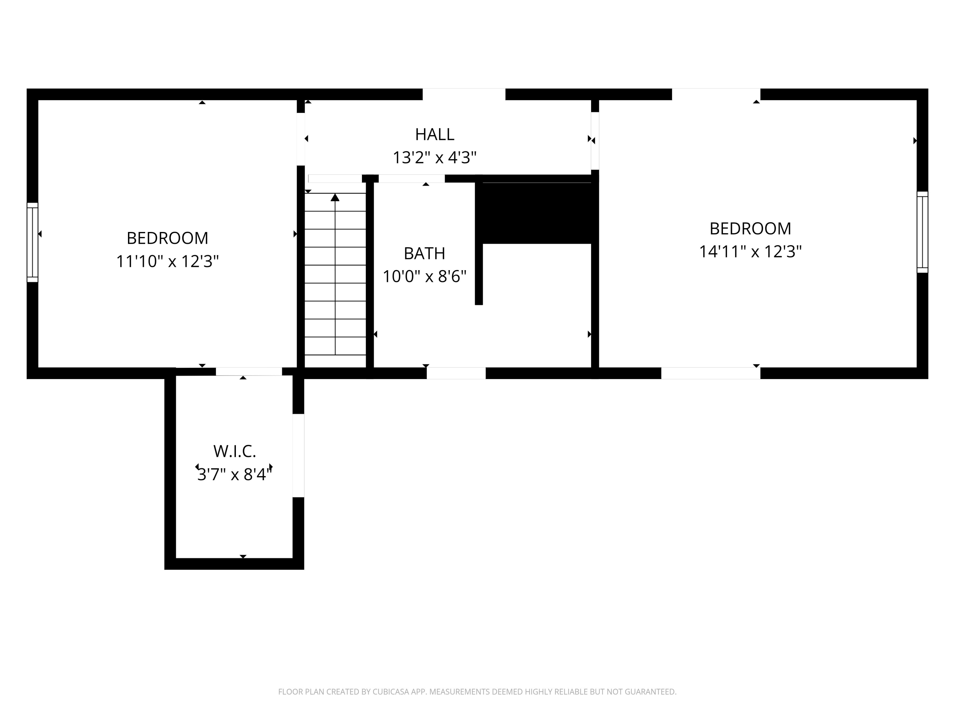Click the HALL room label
tap(434, 135)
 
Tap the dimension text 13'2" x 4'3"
tap(434, 158)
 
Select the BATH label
tap(424, 254)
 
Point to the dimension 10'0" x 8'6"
tap(424, 277)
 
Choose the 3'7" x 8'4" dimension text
tap(234, 475)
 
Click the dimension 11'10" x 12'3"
tap(167, 262)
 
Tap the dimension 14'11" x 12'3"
tap(750, 252)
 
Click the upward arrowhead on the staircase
tap(335, 198)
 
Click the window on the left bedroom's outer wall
tap(32, 242)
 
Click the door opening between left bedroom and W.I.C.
tap(249, 372)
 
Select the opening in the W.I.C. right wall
tap(298, 455)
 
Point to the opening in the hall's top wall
tap(464, 94)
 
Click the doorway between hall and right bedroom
tap(595, 141)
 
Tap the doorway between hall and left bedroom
tap(301, 139)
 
